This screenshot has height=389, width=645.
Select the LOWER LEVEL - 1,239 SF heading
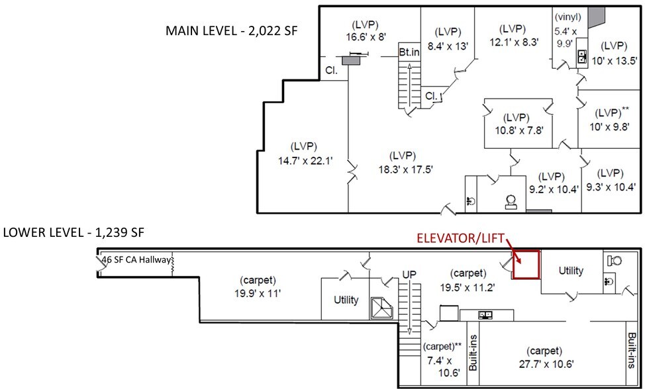[x=74, y=232]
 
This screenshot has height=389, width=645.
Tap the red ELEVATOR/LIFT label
[x=461, y=239]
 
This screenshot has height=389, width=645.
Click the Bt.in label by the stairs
[x=409, y=51]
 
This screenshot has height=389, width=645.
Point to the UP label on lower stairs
[x=411, y=273]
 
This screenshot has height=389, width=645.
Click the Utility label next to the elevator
[x=571, y=271]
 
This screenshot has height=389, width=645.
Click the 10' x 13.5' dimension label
[x=610, y=60]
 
